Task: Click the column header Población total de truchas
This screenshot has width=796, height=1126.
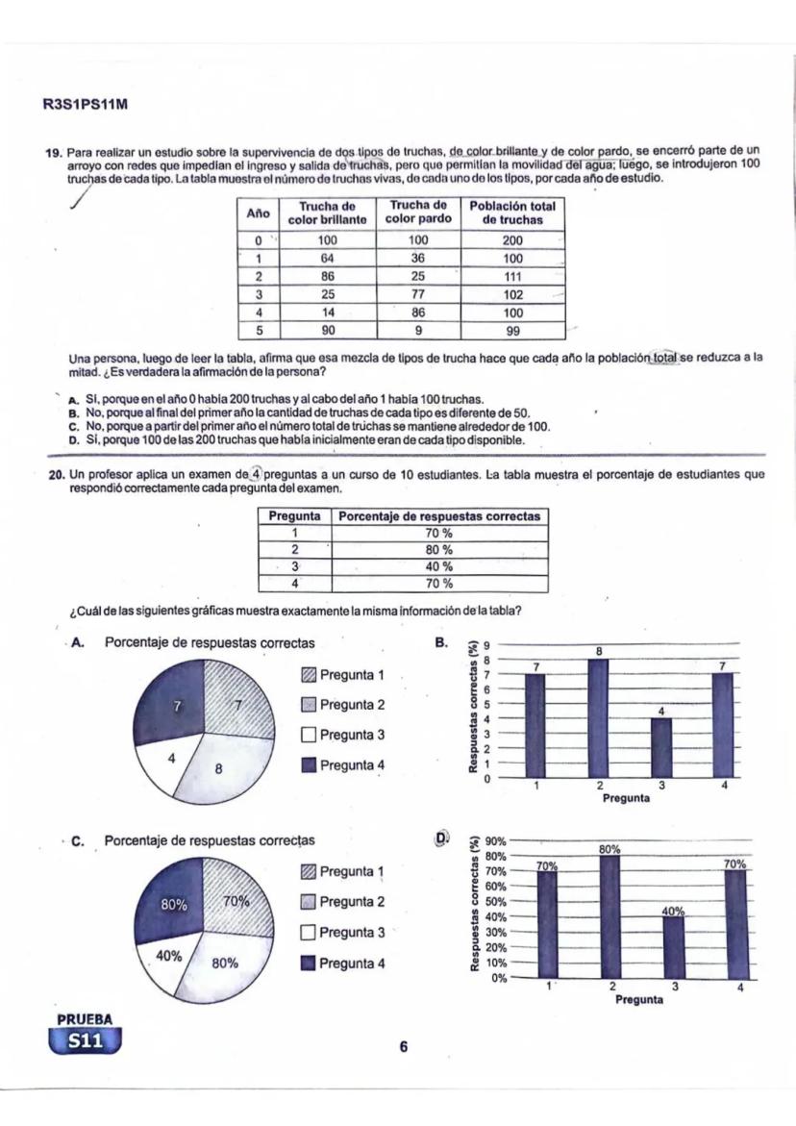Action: pos(512,213)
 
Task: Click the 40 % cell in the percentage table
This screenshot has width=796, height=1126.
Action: pos(438,566)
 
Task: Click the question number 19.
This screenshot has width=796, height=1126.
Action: pos(55,152)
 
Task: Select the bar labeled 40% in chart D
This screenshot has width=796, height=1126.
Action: pos(673,947)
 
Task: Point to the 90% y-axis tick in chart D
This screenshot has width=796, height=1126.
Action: pos(495,840)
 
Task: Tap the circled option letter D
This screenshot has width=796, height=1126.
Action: pos(443,838)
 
